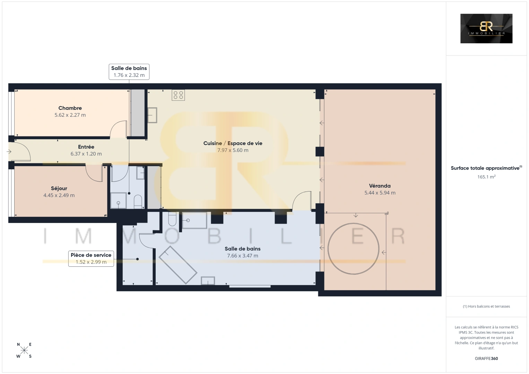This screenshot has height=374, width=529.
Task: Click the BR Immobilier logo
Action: [486, 28]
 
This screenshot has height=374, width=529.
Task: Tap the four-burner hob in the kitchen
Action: [178, 95]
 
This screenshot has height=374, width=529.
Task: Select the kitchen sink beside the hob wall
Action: [152, 115]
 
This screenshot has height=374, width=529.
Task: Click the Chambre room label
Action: [70, 108]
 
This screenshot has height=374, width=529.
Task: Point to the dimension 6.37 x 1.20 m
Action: [86, 154]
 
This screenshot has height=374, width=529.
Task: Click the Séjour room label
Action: [59, 188]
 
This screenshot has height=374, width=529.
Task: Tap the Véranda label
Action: [380, 186]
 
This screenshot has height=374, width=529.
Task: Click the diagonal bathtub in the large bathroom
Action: [178, 265]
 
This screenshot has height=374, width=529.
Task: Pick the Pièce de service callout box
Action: [91, 259]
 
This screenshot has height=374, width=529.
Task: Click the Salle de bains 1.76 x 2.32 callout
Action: [129, 72]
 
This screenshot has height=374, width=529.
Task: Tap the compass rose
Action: [24, 350]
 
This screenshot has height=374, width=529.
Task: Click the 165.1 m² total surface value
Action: [486, 177]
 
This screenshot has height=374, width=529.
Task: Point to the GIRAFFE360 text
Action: [486, 358]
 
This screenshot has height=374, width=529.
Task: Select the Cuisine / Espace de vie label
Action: [233, 143]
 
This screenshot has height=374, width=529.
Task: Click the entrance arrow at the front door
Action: [9, 151]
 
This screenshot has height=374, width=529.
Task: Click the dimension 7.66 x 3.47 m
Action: [243, 256]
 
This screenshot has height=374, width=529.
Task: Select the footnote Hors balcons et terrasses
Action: [486, 306]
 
